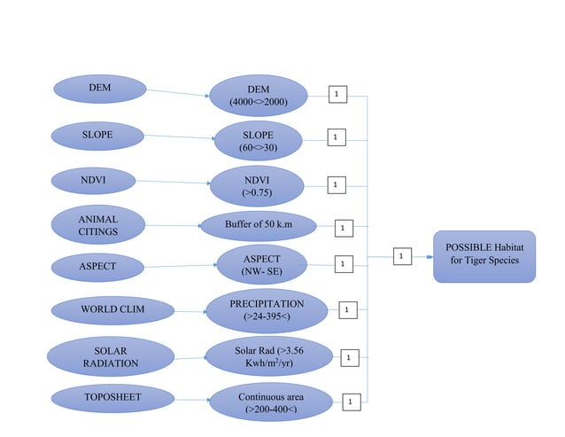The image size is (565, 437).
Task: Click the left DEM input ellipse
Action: (99, 88)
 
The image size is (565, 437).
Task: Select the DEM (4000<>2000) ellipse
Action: (258, 96)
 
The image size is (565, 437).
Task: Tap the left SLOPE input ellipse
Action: (97, 136)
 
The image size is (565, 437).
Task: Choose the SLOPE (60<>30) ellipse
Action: (258, 142)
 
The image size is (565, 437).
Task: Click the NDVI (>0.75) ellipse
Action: (256, 185)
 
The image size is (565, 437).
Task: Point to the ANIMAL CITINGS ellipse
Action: (97, 225)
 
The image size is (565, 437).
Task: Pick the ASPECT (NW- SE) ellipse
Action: (261, 264)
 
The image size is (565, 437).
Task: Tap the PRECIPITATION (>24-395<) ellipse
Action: (267, 310)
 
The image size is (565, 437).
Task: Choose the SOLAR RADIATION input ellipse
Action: (110, 357)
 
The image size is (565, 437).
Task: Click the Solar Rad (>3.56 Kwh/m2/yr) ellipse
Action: (269, 356)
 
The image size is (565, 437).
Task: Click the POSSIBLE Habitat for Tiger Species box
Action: (484, 255)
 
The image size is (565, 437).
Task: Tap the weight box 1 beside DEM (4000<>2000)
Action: (337, 94)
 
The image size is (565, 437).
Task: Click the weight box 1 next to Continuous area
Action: (351, 402)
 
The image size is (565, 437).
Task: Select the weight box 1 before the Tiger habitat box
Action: (400, 256)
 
